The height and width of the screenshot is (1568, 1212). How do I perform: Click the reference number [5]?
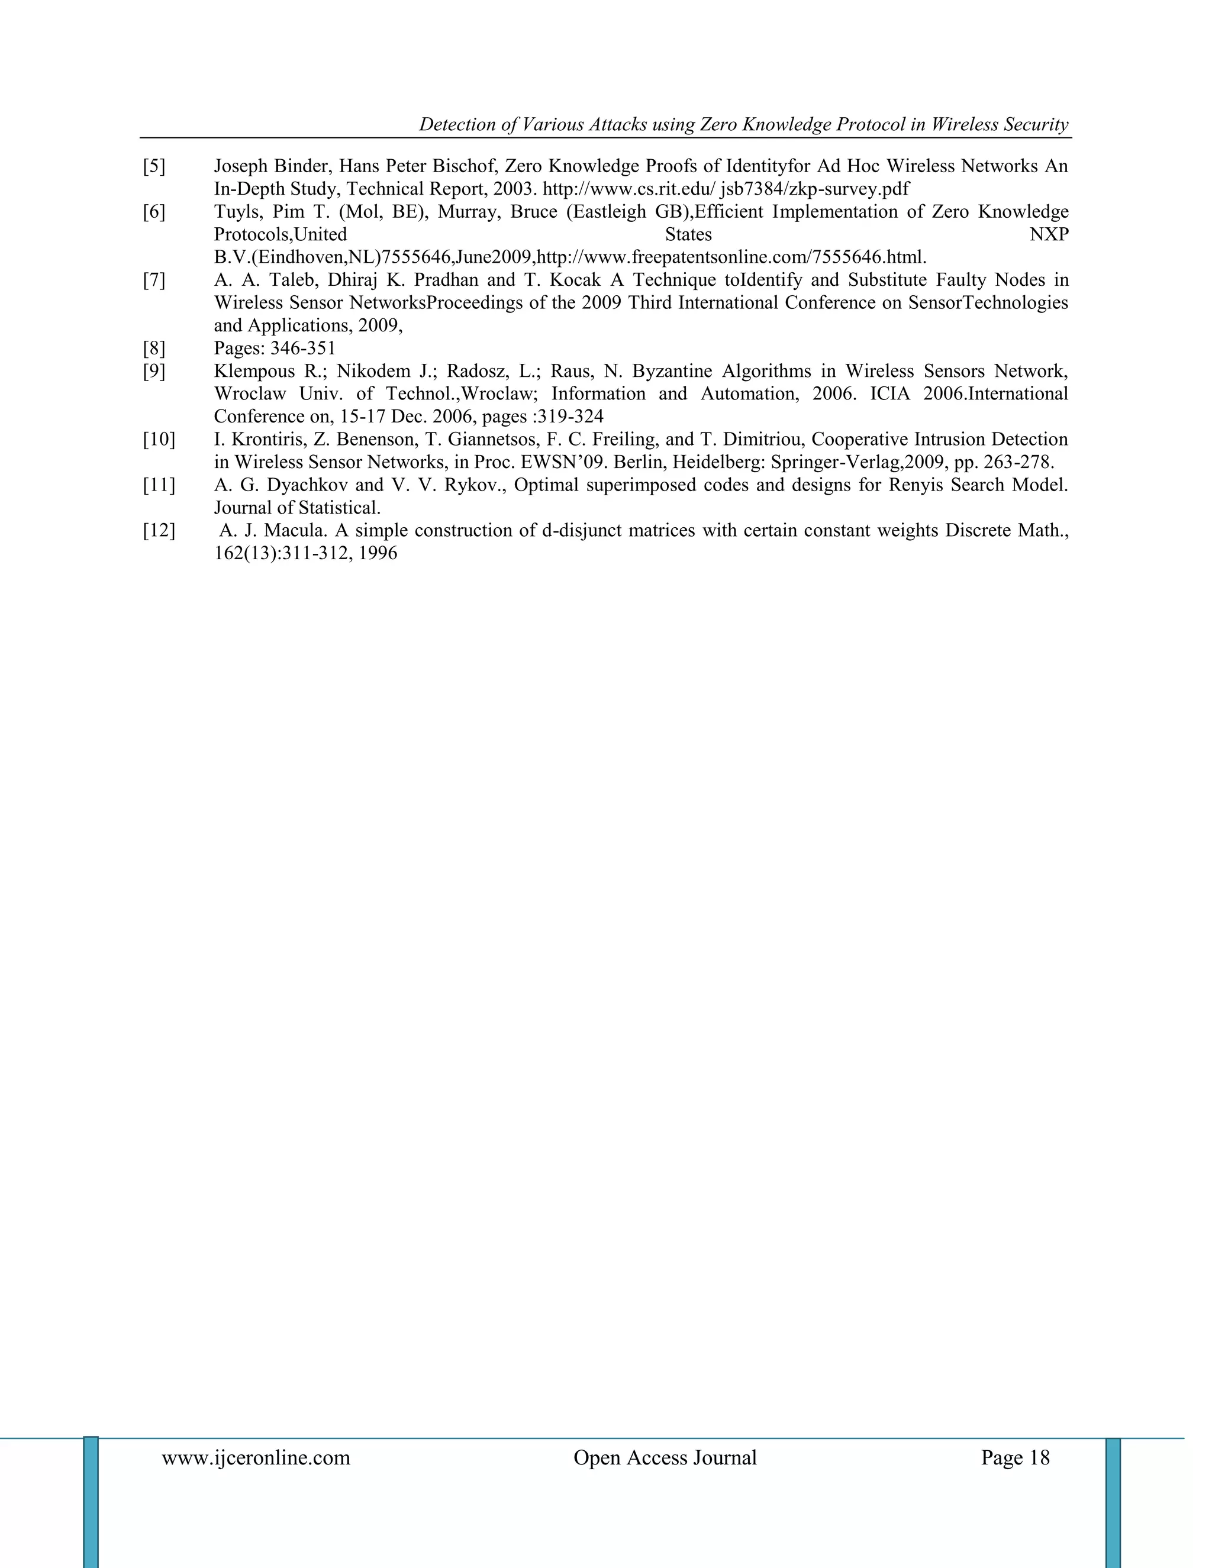pyautogui.click(x=154, y=167)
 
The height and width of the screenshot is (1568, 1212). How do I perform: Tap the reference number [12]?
pyautogui.click(x=159, y=531)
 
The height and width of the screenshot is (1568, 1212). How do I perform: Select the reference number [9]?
pyautogui.click(x=154, y=371)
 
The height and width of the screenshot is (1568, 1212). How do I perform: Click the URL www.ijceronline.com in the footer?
pyautogui.click(x=256, y=1457)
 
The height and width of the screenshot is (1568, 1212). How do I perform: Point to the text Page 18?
pyautogui.click(x=1014, y=1457)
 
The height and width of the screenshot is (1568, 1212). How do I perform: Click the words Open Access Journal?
pyautogui.click(x=665, y=1457)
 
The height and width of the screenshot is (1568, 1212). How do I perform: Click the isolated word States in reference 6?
pyautogui.click(x=688, y=235)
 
